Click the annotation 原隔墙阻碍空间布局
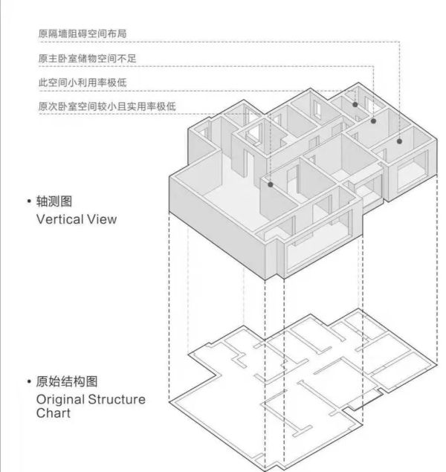coord(83,33)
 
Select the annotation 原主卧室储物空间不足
coord(87,58)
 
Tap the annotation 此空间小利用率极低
coord(83,83)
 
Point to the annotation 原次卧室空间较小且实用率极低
coord(107,106)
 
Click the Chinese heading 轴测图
coord(54,201)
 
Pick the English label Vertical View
coord(77,219)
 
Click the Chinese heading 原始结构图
coord(67,381)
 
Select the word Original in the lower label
coord(60,400)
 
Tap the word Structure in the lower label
coord(117,399)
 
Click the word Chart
coord(54,413)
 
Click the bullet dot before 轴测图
coord(29,201)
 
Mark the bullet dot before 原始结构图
coord(29,382)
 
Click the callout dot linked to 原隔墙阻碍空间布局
coord(399,141)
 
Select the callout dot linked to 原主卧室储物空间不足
coord(373,121)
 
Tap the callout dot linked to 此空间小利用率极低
coord(355,105)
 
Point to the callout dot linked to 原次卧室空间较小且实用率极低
coord(271,184)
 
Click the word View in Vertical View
coord(102,219)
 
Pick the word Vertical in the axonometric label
coord(60,219)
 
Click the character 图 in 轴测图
coord(66,201)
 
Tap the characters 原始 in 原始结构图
coord(48,381)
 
